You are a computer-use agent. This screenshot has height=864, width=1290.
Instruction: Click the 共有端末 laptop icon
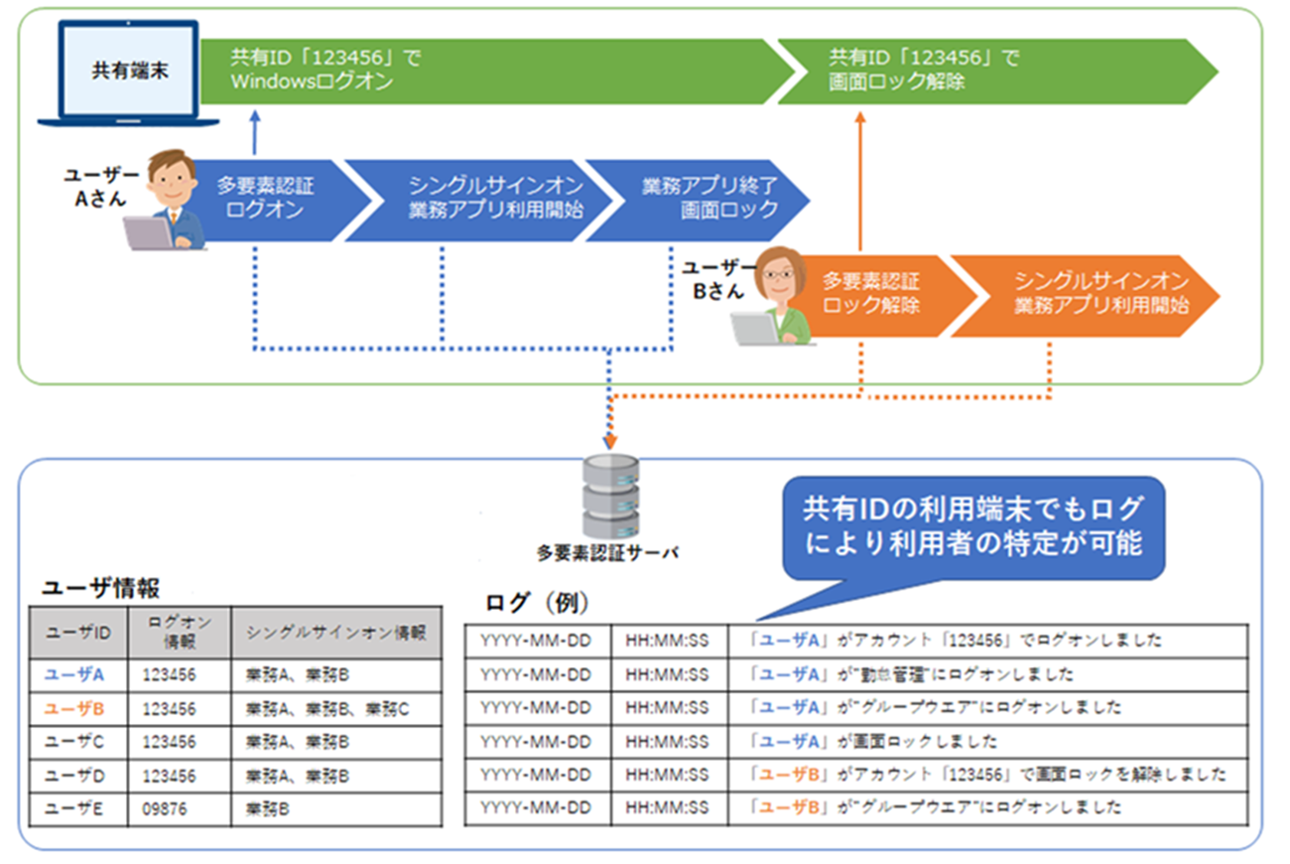[x=128, y=75]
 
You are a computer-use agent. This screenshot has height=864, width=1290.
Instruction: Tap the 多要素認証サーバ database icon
[x=608, y=497]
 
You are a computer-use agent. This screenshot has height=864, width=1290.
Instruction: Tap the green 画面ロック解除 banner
[x=992, y=71]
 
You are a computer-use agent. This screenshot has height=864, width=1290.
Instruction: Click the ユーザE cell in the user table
[x=75, y=808]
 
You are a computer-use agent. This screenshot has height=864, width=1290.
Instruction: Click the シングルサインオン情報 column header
[x=335, y=633]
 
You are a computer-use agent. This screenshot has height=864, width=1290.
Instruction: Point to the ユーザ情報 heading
[x=100, y=588]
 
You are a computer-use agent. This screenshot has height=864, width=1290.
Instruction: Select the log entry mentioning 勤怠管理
[x=912, y=674]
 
